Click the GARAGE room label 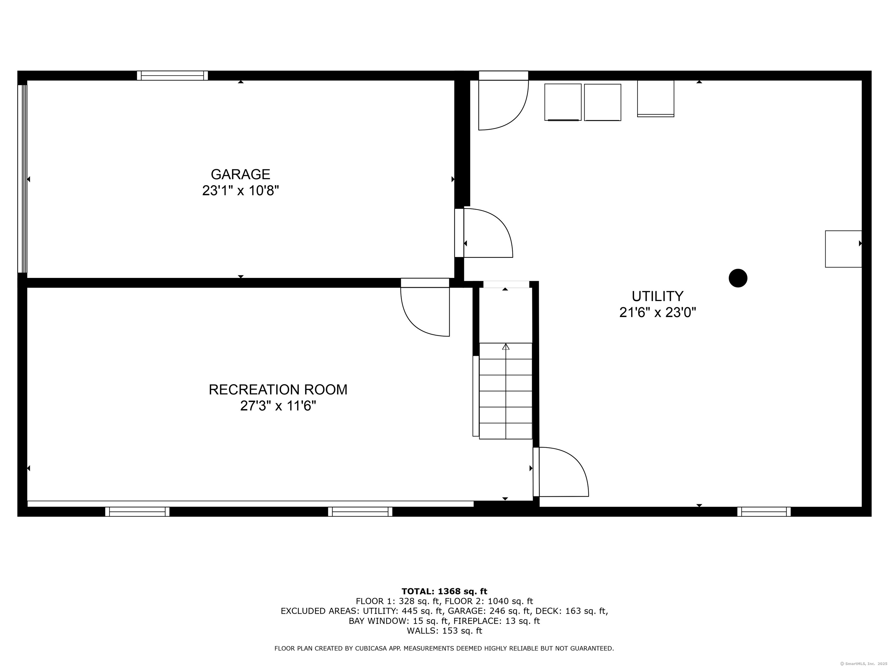240,174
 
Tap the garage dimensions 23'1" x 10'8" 240,190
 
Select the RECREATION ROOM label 278,390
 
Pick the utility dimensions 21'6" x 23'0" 657,312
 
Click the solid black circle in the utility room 738,278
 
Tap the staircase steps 506,391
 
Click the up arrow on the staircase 506,347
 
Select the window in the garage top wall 172,76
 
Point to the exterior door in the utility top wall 503,100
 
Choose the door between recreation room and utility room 561,472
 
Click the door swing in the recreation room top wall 425,307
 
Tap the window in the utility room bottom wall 764,512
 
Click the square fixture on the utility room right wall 843,249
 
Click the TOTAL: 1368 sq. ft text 444,591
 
